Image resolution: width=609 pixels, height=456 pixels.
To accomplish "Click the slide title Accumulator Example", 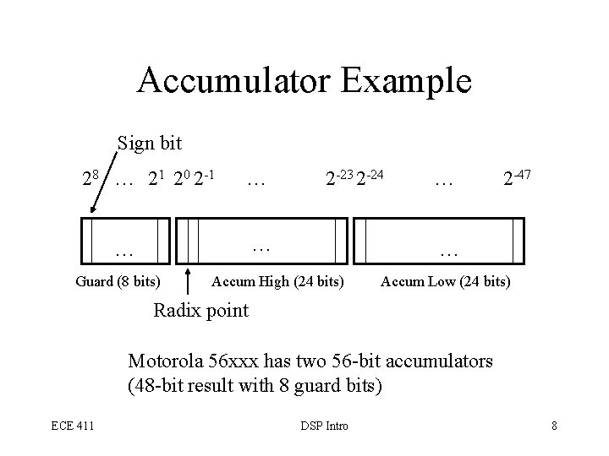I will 304,81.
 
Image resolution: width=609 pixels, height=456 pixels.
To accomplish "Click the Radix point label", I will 200,310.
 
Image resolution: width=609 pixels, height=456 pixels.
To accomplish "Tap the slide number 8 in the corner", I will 554,426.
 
